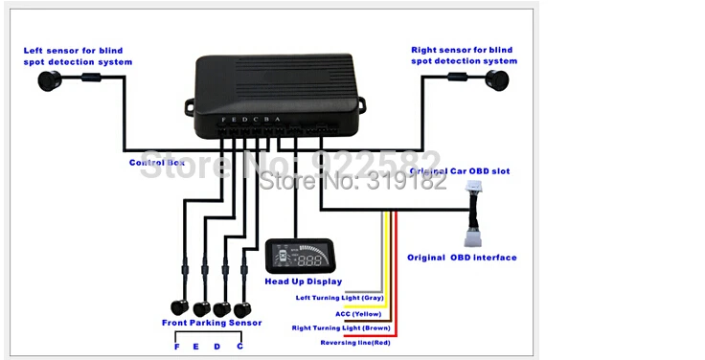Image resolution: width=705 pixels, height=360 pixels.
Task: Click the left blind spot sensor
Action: click(45, 81)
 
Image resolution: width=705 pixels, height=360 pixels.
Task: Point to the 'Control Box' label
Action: click(157, 163)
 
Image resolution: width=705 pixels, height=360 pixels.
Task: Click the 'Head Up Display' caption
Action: click(303, 281)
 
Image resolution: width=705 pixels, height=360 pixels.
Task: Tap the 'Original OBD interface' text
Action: click(462, 258)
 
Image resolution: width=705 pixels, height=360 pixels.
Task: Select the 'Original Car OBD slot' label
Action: click(460, 171)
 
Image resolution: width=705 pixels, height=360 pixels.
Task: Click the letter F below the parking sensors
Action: click(177, 346)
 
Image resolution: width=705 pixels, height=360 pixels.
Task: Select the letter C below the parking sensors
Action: click(239, 346)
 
